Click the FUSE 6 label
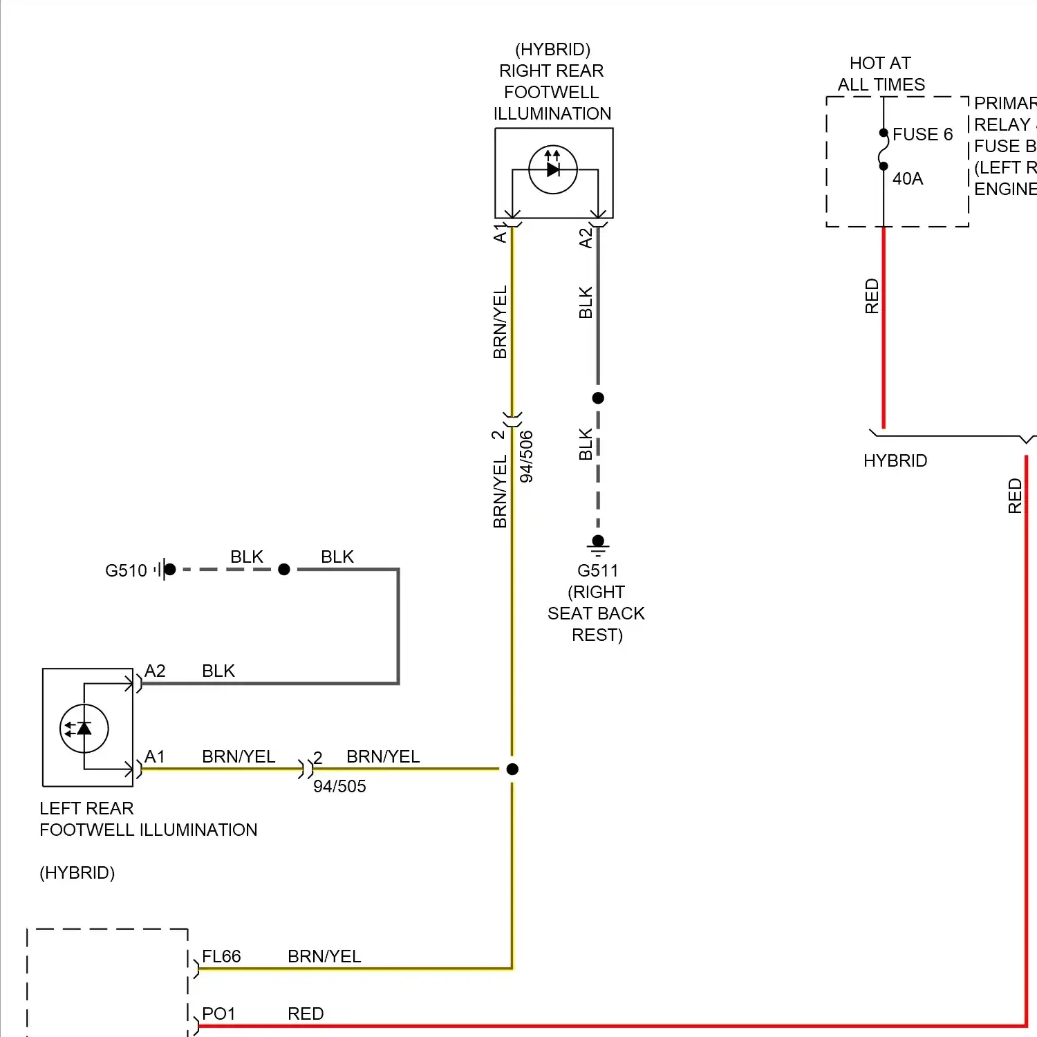922,134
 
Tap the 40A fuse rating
907,178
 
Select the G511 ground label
597,570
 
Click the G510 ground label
126,570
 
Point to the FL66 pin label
221,956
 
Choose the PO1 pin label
218,1013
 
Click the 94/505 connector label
339,786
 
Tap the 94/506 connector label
526,456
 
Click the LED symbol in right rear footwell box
553,169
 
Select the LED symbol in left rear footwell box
84,728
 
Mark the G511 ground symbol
598,546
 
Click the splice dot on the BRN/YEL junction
512,769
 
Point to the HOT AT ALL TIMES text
881,74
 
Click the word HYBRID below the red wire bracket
895,460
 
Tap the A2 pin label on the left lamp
155,671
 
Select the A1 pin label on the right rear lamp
500,233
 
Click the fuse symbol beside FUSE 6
884,149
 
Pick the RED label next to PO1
306,1013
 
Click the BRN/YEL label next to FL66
324,956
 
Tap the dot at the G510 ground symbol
170,569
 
